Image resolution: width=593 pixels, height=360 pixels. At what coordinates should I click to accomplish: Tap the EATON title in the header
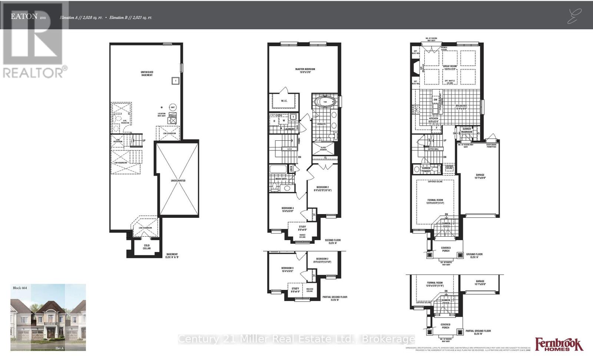24,16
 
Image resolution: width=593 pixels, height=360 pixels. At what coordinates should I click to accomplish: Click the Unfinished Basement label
147,73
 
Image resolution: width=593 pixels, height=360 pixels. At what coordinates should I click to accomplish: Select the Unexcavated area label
178,180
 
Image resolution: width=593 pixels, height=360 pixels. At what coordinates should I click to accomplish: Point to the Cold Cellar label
147,247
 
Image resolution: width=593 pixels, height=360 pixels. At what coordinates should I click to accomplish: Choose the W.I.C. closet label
285,100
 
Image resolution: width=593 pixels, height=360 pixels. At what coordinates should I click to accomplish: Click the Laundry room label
289,129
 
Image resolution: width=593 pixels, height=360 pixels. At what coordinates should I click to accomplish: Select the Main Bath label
281,179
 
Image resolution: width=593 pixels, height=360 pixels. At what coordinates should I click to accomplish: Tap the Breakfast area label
461,107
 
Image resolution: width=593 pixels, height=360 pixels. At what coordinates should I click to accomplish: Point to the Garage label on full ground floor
480,176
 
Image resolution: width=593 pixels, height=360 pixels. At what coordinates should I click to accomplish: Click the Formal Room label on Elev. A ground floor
435,201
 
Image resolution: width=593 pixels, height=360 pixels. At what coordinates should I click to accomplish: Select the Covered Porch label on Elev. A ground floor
445,249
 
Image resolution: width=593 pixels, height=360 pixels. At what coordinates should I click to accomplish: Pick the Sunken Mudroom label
467,130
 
